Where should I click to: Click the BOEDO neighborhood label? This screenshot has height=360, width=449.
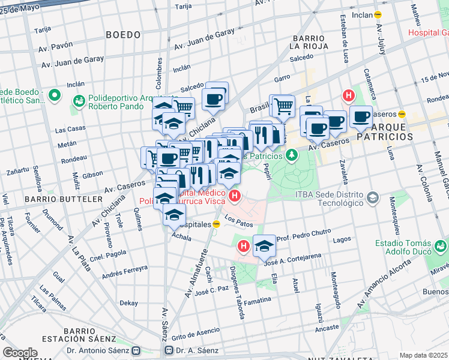[123, 35]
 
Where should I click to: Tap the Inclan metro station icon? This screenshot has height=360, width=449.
[378, 14]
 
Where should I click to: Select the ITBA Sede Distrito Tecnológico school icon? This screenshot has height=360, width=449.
[373, 197]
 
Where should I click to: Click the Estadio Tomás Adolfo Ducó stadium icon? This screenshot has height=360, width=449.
[441, 245]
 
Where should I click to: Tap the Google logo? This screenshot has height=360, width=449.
[20, 353]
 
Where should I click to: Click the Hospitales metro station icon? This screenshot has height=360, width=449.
[217, 223]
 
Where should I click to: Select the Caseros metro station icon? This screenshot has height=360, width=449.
[403, 113]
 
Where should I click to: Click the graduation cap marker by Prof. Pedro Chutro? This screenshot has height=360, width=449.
[264, 245]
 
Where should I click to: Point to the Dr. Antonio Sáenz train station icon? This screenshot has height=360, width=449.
[136, 350]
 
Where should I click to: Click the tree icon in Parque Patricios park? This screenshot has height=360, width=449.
[292, 156]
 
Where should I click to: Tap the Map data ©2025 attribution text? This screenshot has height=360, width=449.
[424, 355]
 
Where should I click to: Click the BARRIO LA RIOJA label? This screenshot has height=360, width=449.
[308, 40]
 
